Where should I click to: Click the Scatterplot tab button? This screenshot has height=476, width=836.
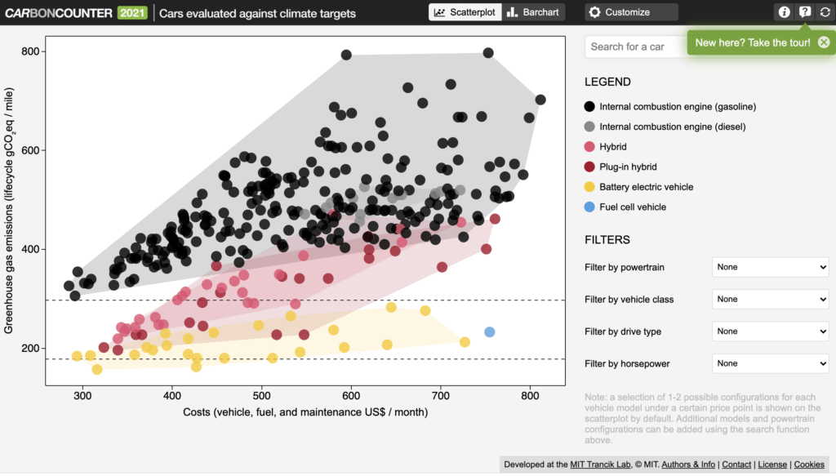click(463, 12)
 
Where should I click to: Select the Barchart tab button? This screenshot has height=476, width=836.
click(532, 12)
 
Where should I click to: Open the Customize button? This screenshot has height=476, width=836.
click(630, 12)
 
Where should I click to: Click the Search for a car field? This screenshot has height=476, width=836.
click(634, 47)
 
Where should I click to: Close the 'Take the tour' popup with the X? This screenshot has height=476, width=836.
click(823, 42)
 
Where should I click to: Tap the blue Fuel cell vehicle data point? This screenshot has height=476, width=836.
click(490, 332)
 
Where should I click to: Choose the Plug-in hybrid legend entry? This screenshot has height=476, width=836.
click(634, 167)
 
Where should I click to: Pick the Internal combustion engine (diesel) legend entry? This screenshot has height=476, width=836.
click(671, 127)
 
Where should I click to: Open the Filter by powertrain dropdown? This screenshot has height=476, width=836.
click(770, 267)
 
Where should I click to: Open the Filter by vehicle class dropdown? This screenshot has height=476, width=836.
click(770, 300)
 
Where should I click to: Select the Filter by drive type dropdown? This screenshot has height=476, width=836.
click(770, 331)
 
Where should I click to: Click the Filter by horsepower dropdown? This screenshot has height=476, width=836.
click(770, 363)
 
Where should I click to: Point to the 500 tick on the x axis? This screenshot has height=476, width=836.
click(262, 395)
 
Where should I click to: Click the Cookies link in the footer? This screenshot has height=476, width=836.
click(809, 465)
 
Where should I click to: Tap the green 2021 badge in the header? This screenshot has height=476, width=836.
click(131, 12)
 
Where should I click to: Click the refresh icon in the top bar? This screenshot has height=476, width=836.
click(825, 12)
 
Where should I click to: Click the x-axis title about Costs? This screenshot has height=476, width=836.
click(317, 412)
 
